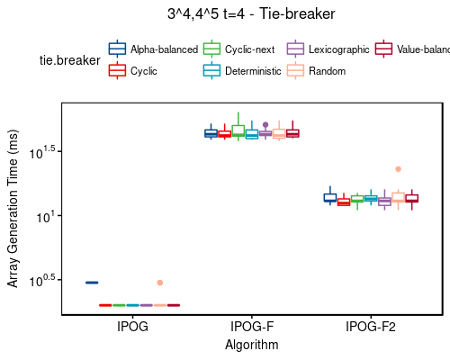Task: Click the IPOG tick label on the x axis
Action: [132, 328]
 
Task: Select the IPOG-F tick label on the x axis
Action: [251, 328]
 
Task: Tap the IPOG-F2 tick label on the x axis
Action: [371, 328]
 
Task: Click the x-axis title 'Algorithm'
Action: [251, 345]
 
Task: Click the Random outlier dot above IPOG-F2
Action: [398, 169]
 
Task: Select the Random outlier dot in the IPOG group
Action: [159, 283]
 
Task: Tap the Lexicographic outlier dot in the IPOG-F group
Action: [265, 125]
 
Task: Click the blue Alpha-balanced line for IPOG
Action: [92, 283]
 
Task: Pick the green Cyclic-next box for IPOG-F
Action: [238, 130]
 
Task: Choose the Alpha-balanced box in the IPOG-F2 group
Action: [330, 197]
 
